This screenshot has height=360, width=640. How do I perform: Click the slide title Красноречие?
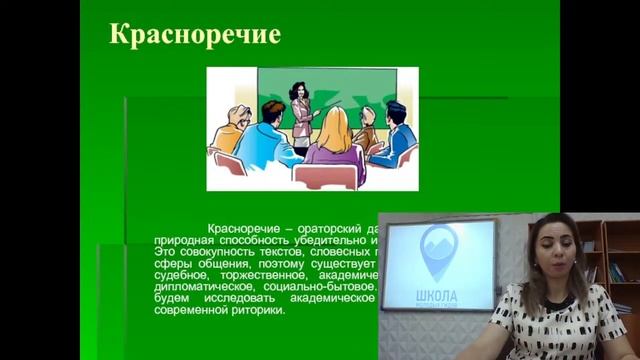click(194, 35)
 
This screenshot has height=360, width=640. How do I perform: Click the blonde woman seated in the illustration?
click(333, 139)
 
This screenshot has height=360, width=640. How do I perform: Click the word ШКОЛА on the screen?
click(436, 296)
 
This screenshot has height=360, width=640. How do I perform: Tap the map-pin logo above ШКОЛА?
click(438, 253)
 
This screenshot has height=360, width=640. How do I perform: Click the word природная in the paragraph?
click(188, 241)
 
